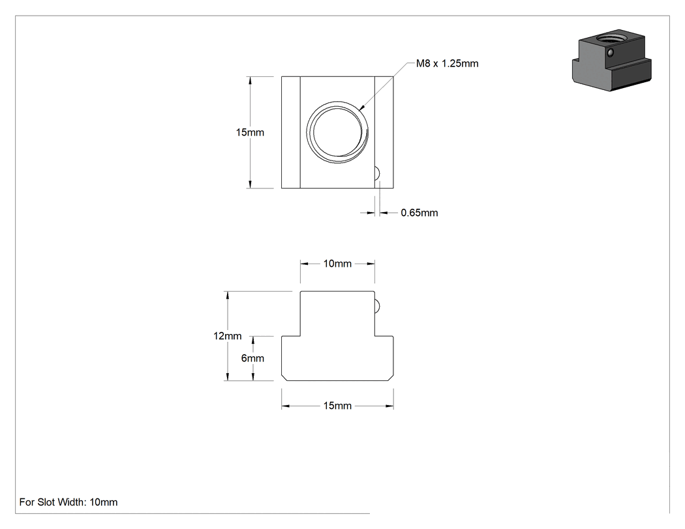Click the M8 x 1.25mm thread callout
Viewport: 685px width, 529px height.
pyautogui.click(x=447, y=64)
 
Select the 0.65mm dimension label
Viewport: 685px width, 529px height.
pyautogui.click(x=419, y=213)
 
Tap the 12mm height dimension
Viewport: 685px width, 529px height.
pyautogui.click(x=227, y=336)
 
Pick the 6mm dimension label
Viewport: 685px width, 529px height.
pyautogui.click(x=252, y=358)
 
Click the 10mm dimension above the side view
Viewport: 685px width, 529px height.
pyautogui.click(x=337, y=264)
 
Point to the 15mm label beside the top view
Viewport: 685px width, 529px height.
pyautogui.click(x=250, y=132)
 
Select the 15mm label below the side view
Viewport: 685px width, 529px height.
pyautogui.click(x=337, y=406)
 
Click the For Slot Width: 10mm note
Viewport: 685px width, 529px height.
pyautogui.click(x=68, y=502)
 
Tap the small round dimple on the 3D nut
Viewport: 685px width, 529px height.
pyautogui.click(x=611, y=53)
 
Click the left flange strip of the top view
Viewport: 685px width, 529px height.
pyautogui.click(x=290, y=132)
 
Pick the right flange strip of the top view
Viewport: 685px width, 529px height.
pyautogui.click(x=384, y=132)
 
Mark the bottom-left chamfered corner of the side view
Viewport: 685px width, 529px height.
pyautogui.click(x=284, y=378)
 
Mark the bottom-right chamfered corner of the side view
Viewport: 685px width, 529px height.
pyautogui.click(x=391, y=378)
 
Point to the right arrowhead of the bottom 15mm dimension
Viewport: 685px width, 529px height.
pyautogui.click(x=389, y=406)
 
